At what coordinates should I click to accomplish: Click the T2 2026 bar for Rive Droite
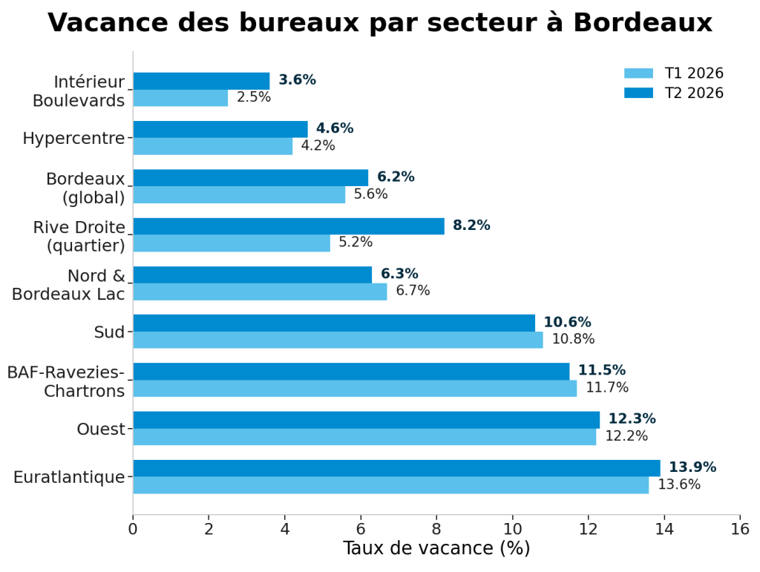pyautogui.click(x=289, y=226)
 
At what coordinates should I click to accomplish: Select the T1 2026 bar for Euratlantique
pyautogui.click(x=391, y=485)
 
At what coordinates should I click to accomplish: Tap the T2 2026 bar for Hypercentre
pyautogui.click(x=220, y=129)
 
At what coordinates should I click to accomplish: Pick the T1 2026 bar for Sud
pyautogui.click(x=338, y=340)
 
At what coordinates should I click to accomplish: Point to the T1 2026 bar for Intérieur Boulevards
pyautogui.click(x=181, y=98)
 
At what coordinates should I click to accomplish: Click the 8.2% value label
pyautogui.click(x=471, y=226)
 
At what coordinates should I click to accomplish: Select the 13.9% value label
pyautogui.click(x=692, y=467)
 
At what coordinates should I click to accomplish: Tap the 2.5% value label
pyautogui.click(x=254, y=97)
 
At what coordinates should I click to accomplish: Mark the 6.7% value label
pyautogui.click(x=413, y=291)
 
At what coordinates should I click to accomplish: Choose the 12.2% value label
pyautogui.click(x=626, y=436)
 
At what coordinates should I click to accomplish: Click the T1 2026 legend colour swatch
pyautogui.click(x=638, y=73)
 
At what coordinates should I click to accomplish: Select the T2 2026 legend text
pyautogui.click(x=694, y=93)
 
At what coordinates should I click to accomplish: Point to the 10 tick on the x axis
pyautogui.click(x=512, y=518)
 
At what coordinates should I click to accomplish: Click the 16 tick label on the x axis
pyautogui.click(x=740, y=529)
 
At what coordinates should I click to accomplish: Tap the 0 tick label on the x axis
pyautogui.click(x=133, y=529)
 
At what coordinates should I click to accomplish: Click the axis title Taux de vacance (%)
pyautogui.click(x=436, y=548)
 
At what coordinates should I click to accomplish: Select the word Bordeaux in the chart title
pyautogui.click(x=643, y=22)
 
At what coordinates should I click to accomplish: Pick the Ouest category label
pyautogui.click(x=101, y=429)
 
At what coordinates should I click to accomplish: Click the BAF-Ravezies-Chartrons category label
pyautogui.click(x=66, y=381)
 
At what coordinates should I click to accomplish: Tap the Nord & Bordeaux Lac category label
pyautogui.click(x=68, y=285)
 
